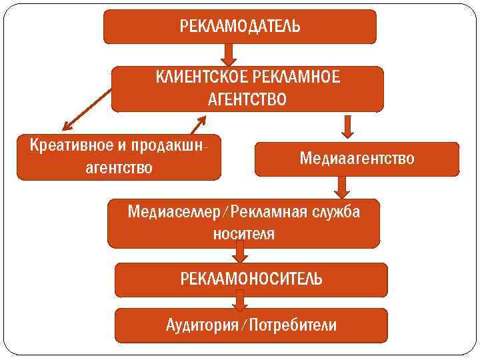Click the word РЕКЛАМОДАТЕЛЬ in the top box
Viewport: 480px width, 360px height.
click(x=240, y=27)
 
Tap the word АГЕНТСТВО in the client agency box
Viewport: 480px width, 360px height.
click(x=247, y=100)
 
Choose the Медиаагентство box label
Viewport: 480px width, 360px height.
click(x=357, y=159)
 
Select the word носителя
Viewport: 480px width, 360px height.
click(x=243, y=234)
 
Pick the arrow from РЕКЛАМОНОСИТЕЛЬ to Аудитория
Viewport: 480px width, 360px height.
click(x=240, y=303)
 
